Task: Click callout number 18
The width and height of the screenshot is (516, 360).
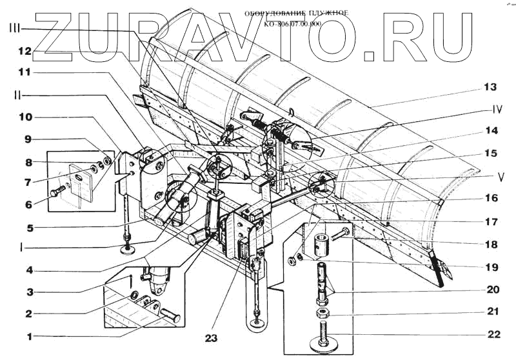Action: pos(492,245)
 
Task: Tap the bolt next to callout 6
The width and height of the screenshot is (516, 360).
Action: pos(57,191)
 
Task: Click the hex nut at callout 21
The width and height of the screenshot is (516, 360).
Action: pos(321,313)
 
